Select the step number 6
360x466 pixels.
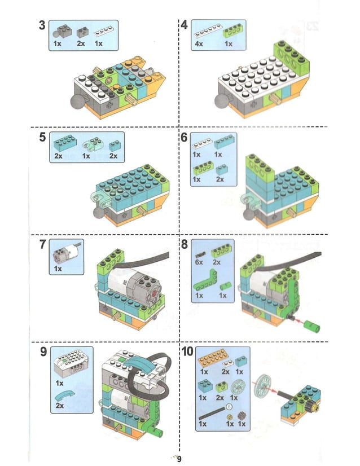(185, 138)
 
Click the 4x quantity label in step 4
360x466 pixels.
(199, 43)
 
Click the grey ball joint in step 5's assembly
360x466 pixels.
(97, 213)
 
